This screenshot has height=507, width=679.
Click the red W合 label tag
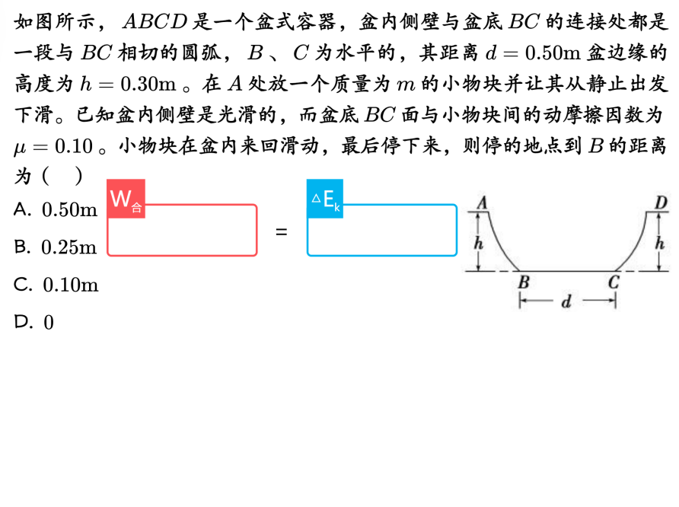[x=126, y=200]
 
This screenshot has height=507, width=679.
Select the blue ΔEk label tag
[x=325, y=200]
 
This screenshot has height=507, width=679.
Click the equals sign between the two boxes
[x=281, y=231]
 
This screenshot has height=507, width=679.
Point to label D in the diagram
[x=661, y=202]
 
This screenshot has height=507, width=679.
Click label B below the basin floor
[x=523, y=282]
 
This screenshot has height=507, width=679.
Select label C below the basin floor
[x=614, y=282]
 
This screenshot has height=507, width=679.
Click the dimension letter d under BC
[x=566, y=302]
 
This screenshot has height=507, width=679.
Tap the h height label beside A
[x=478, y=244]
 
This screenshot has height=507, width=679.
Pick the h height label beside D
[x=660, y=244]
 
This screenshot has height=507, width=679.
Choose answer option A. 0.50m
[x=56, y=210]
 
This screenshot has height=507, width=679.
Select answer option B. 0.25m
[x=56, y=247]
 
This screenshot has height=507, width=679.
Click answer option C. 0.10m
[x=56, y=285]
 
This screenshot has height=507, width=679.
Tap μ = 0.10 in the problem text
[x=53, y=146]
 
